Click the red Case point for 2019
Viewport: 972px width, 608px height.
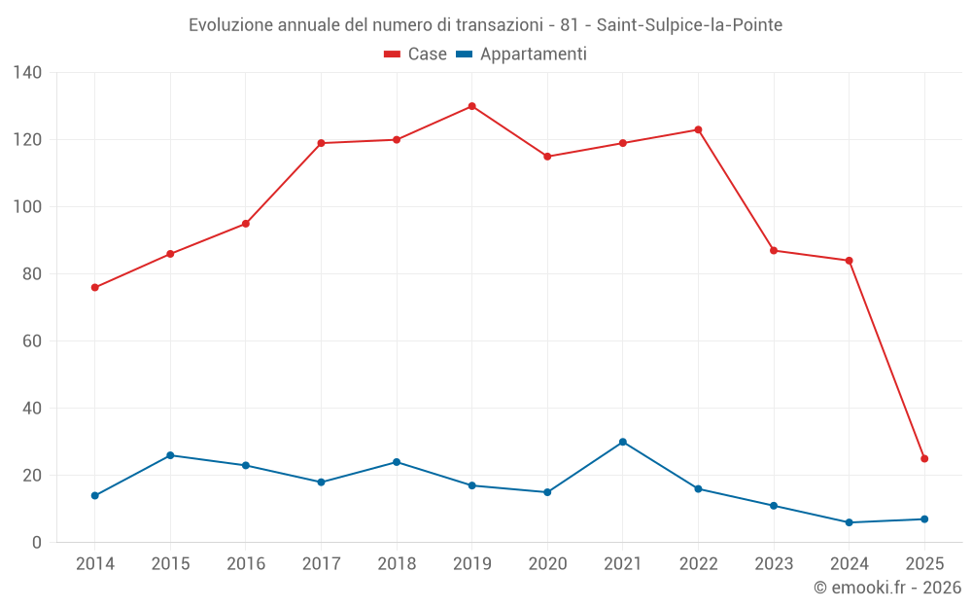coord(472,106)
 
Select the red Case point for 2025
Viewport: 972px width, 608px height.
coord(924,458)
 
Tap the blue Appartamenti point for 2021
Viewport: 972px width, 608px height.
coord(623,442)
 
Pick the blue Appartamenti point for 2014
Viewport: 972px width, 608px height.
coord(95,495)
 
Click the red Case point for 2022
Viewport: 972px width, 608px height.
coord(698,129)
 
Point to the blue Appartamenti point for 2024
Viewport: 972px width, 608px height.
coord(850,522)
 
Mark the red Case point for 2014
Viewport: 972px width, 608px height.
coord(95,287)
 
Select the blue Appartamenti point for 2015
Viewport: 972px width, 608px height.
coord(170,455)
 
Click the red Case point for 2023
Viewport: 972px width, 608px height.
coord(774,250)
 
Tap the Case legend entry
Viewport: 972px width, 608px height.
coord(415,54)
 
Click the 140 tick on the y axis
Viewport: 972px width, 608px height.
coord(27,72)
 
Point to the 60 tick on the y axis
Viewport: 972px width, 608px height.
coord(31,340)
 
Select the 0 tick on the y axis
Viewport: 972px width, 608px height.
coord(36,543)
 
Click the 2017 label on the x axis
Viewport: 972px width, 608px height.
coord(321,564)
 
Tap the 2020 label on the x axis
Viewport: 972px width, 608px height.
coord(547,564)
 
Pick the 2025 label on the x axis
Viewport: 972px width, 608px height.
coord(924,564)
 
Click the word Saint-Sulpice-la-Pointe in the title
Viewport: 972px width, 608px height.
coord(696,24)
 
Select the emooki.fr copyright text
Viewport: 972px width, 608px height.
coord(887,588)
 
